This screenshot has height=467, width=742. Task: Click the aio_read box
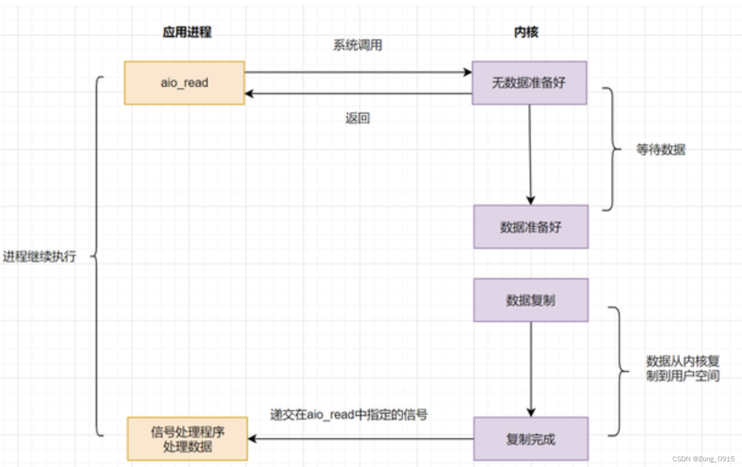point(184,83)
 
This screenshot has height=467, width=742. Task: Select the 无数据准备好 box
point(529,83)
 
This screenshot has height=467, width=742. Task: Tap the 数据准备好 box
point(530,227)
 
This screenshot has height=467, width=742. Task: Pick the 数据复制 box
point(530,300)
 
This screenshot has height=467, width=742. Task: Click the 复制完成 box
point(530,439)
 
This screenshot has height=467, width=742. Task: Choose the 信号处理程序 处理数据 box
point(187,439)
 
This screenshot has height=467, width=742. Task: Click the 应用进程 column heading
point(187,32)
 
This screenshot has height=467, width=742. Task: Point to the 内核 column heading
point(526,32)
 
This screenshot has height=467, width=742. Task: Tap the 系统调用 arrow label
point(357,45)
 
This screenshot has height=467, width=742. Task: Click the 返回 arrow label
point(357,118)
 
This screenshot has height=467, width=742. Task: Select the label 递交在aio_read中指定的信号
point(349,415)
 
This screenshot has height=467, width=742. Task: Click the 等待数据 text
point(661,150)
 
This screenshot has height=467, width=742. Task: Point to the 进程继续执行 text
point(39,257)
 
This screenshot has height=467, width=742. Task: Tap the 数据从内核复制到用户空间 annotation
point(683,369)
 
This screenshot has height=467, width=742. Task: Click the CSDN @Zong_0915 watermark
point(703,459)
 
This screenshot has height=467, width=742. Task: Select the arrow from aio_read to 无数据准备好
point(357,72)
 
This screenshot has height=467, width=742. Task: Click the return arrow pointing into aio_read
point(357,94)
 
